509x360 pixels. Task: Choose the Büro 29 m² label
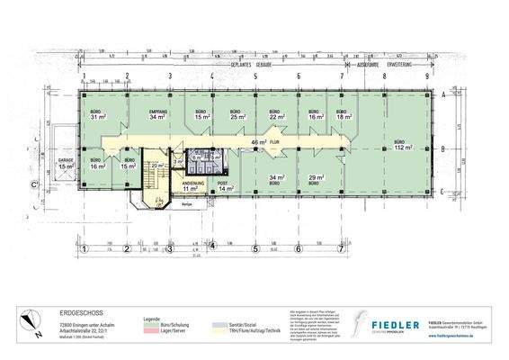pyautogui.click(x=316, y=180)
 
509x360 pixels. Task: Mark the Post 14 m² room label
pyautogui.click(x=224, y=187)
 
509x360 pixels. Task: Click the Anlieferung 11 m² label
pyautogui.click(x=190, y=187)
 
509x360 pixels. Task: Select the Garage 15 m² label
pyautogui.click(x=66, y=165)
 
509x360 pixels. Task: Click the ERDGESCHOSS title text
pyautogui.click(x=77, y=306)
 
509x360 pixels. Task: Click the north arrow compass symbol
pyautogui.click(x=31, y=320)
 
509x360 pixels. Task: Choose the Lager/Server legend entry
pyautogui.click(x=174, y=328)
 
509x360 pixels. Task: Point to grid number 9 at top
pyautogui.click(x=426, y=76)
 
